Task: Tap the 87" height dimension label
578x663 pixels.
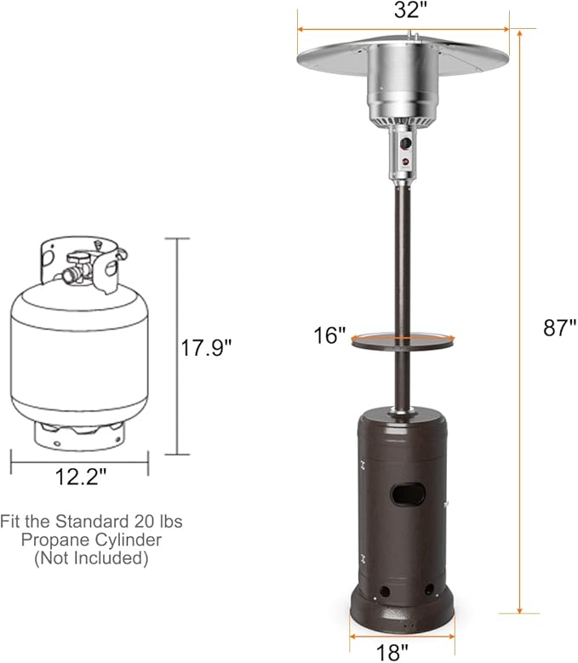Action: pos(558,327)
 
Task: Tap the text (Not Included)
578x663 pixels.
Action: pos(91,558)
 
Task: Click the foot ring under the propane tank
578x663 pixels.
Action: pos(78,433)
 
